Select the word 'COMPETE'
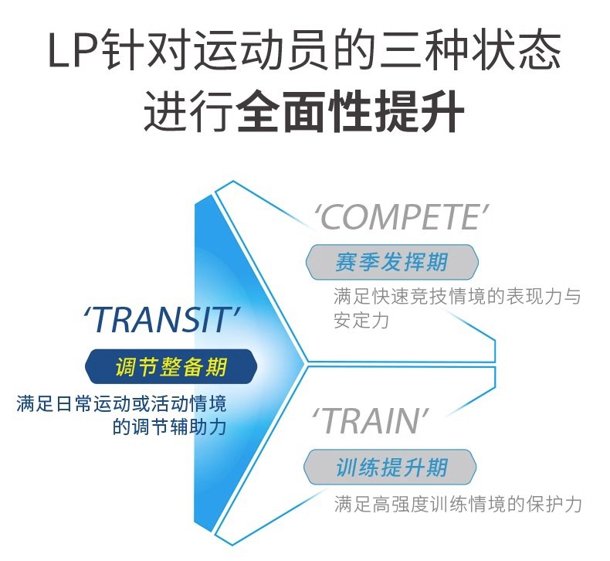pos(402,218)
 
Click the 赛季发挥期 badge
pos(391,261)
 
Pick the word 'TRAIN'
pos(370,421)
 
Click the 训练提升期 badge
pos(391,467)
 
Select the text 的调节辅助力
pos(169,426)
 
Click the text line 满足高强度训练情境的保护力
pos(457,505)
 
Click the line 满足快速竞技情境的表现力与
pos(456,297)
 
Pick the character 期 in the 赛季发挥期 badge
pos(436,261)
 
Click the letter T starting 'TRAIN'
pos(327,422)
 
